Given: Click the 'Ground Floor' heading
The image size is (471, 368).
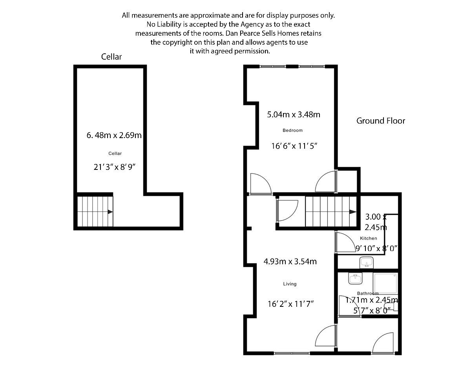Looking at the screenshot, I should pyautogui.click(x=380, y=121).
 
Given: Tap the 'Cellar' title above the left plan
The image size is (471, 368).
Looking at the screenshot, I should pyautogui.click(x=111, y=57).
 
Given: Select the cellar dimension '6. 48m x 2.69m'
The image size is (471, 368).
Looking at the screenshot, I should pyautogui.click(x=114, y=136).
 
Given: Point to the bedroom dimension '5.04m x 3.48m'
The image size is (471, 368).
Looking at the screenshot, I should pyautogui.click(x=294, y=115).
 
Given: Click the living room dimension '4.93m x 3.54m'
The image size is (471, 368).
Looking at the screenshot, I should pyautogui.click(x=290, y=262).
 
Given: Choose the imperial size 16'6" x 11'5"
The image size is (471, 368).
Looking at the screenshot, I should pyautogui.click(x=294, y=146).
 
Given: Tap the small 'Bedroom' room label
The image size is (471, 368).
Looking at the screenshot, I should pyautogui.click(x=292, y=130).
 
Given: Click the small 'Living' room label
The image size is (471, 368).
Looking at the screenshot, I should pyautogui.click(x=290, y=284).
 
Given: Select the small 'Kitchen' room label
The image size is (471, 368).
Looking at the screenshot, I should pyautogui.click(x=368, y=238).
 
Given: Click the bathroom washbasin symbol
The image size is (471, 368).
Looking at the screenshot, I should pyautogui.click(x=355, y=279).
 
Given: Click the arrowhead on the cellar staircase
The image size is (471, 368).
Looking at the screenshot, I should pyautogui.click(x=110, y=212).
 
